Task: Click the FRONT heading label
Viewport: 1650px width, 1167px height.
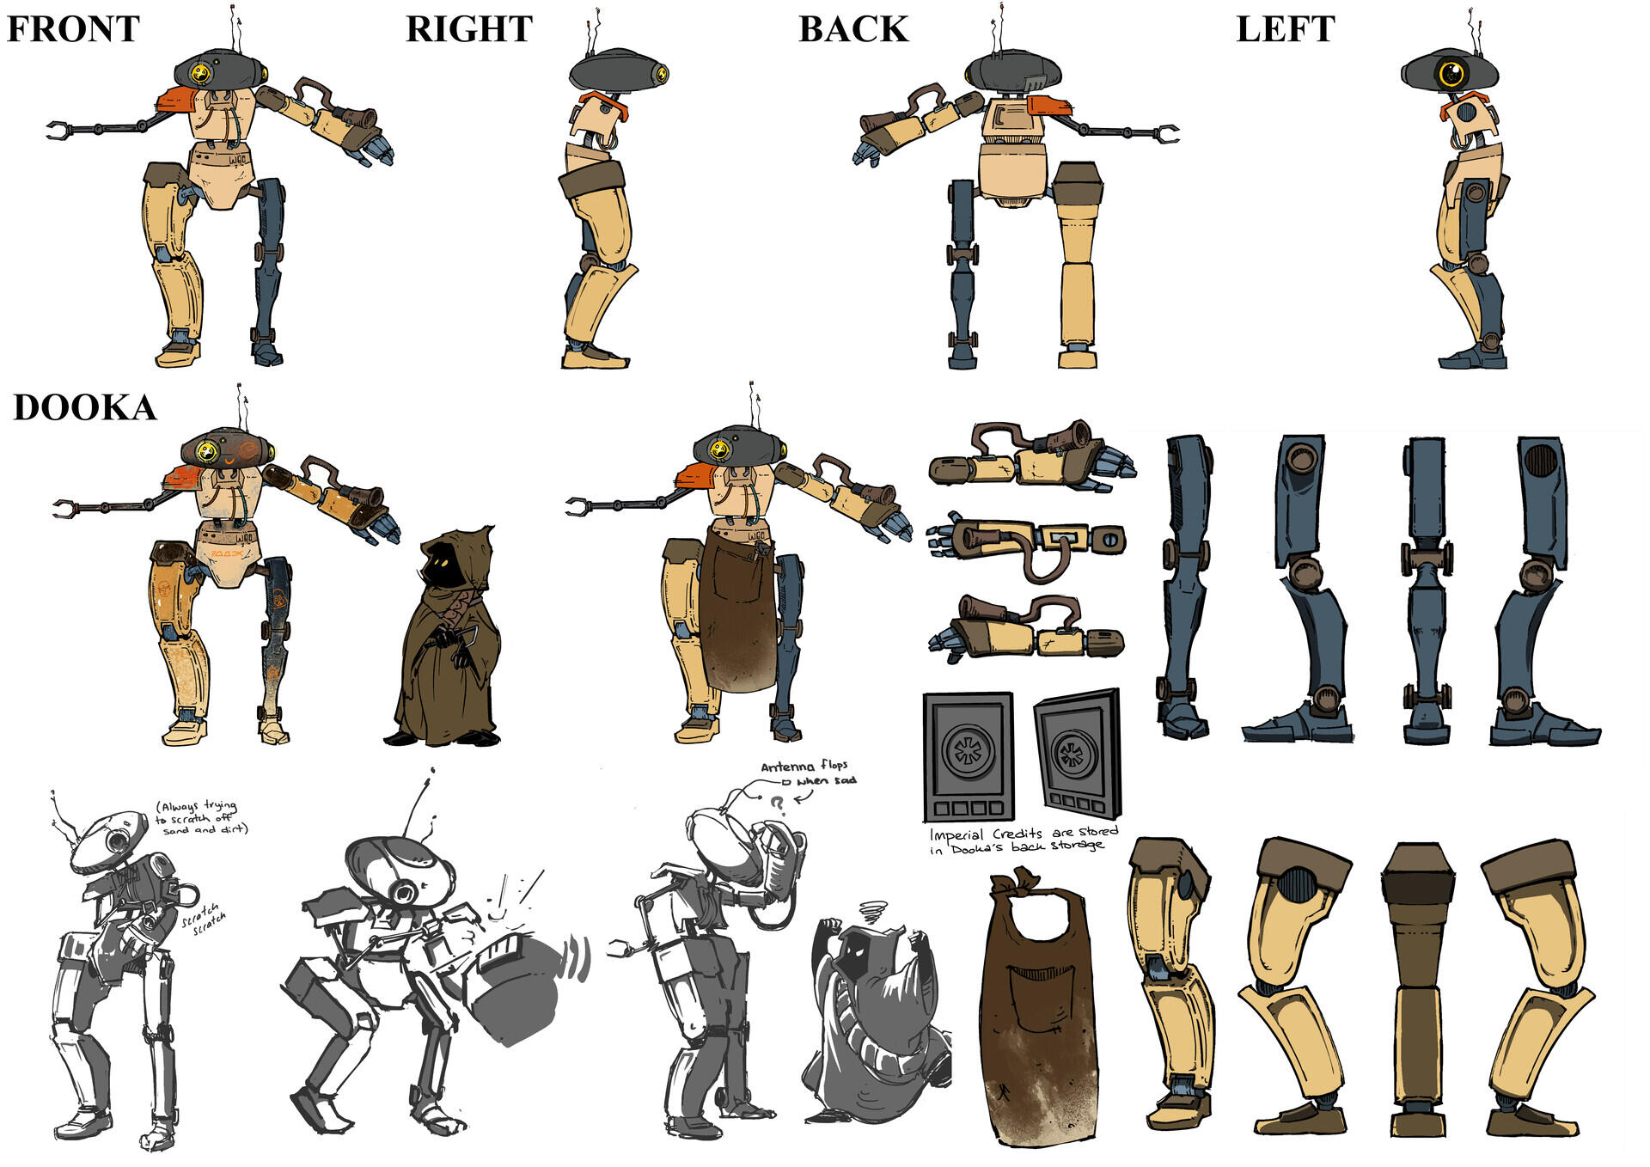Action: (73, 29)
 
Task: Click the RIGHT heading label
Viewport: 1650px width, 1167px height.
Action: (468, 29)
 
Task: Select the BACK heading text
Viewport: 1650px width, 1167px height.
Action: (852, 29)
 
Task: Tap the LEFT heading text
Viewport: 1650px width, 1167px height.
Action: (1285, 29)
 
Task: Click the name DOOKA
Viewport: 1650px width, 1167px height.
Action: (84, 407)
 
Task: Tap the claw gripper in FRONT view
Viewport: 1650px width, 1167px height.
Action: (58, 131)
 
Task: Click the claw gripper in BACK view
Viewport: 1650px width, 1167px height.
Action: (1166, 134)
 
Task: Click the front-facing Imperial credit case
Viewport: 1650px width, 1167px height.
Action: (968, 755)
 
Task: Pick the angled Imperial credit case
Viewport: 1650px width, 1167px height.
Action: (1078, 753)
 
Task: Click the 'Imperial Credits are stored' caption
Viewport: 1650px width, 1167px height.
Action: (1023, 840)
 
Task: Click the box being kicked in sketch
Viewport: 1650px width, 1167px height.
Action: (516, 988)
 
